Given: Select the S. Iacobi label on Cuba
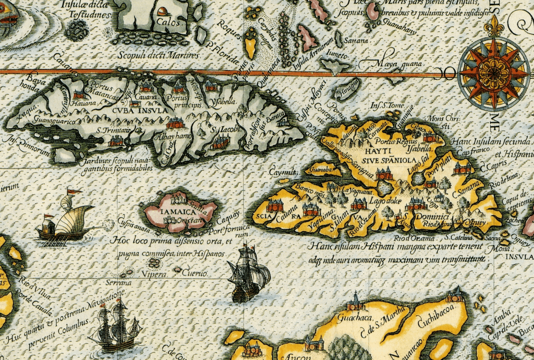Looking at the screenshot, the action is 225,127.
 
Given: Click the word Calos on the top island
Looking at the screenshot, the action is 166,23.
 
